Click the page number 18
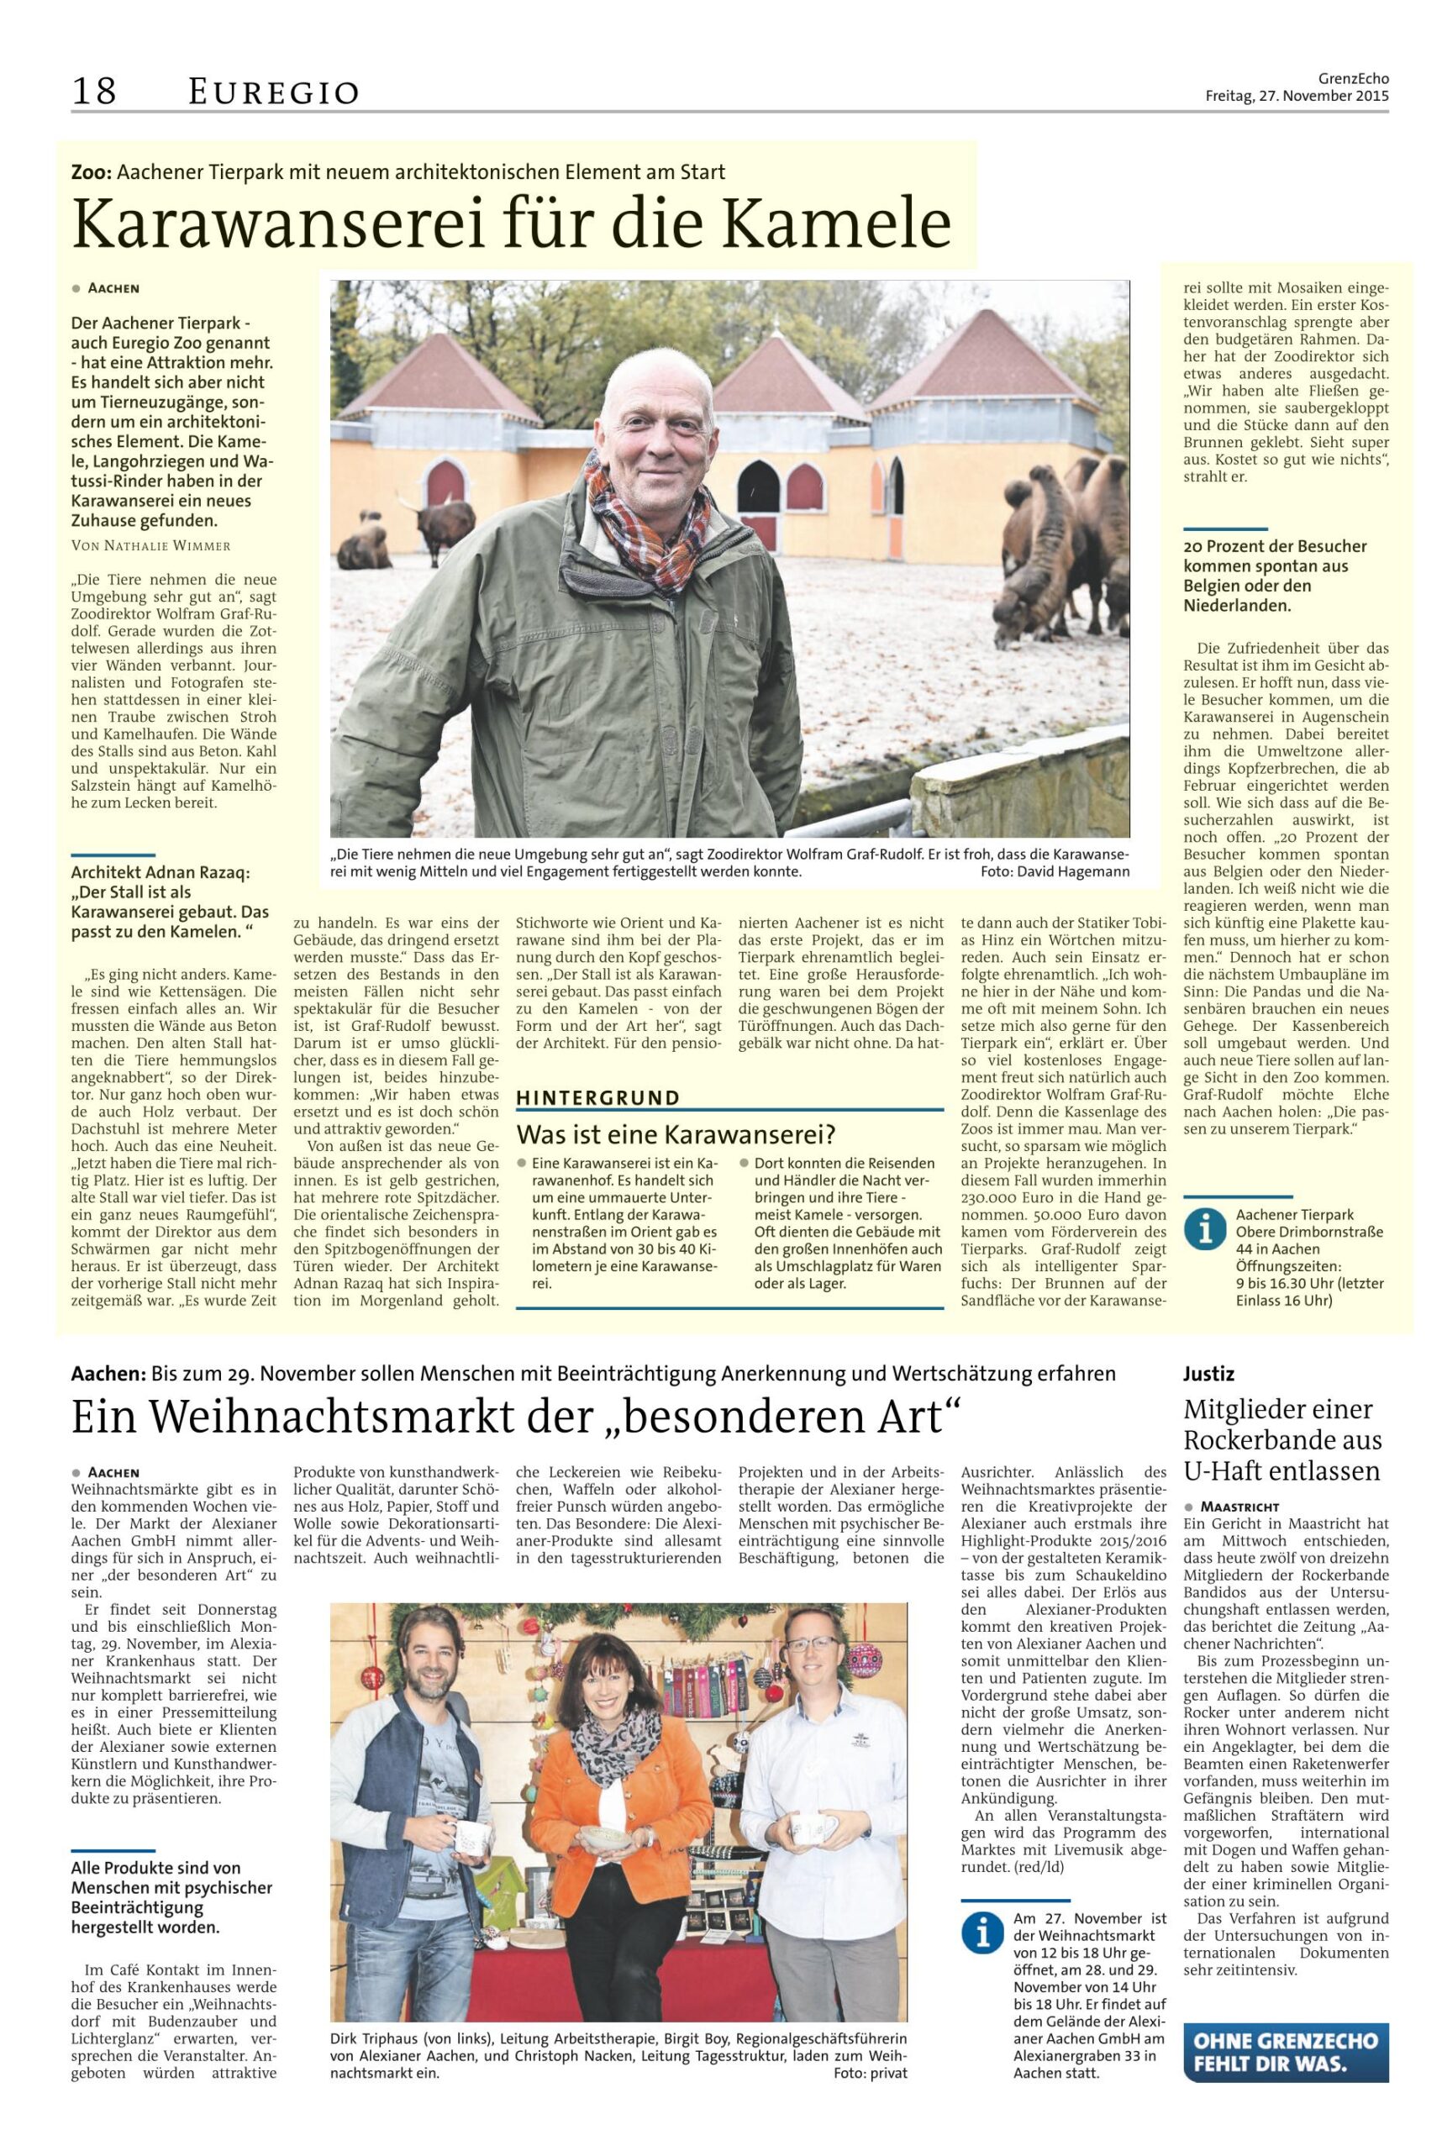coord(94,91)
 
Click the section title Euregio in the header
coord(273,92)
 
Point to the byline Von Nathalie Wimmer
coord(150,545)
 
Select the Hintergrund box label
coord(597,1097)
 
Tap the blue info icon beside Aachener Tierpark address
coord(1205,1228)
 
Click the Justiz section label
coord(1208,1374)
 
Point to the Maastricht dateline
coord(1239,1507)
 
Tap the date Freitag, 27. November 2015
coord(1297,96)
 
